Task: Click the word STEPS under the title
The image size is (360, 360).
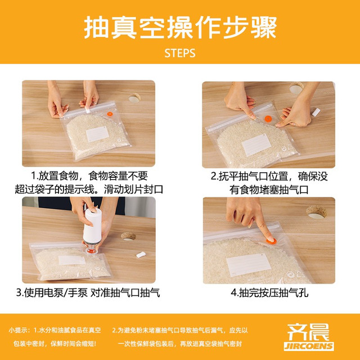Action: tap(180, 53)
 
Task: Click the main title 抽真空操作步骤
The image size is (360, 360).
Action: tap(181, 28)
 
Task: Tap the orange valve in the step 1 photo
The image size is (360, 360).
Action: tap(110, 114)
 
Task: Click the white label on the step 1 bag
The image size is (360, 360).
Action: tap(97, 134)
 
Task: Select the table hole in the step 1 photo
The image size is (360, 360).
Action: tap(134, 98)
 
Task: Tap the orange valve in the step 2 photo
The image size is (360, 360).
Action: tap(268, 119)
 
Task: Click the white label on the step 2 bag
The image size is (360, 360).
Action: tap(256, 145)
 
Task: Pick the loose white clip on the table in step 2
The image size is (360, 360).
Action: tap(316, 112)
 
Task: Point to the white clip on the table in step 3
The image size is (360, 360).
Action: tap(141, 255)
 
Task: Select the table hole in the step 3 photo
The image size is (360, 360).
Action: tap(128, 236)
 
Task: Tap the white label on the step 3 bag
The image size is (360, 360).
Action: tap(72, 260)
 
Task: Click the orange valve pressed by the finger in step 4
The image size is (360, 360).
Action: tap(271, 241)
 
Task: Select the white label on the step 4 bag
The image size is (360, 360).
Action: tap(249, 265)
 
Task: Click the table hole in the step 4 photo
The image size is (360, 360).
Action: tap(317, 212)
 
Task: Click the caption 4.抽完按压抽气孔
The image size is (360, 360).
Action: tap(269, 292)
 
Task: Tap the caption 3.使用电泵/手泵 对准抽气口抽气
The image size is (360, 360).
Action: tap(88, 292)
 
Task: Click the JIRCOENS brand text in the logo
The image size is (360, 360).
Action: tap(309, 346)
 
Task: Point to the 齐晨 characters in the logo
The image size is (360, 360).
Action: tap(308, 332)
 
